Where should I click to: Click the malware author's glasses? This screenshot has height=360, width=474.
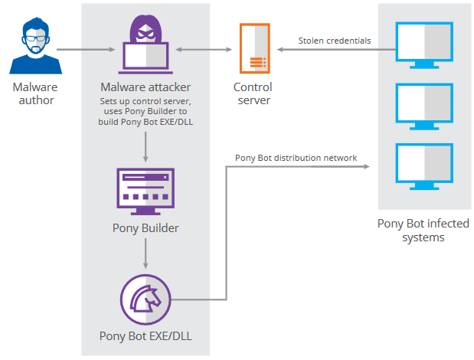tap(36, 39)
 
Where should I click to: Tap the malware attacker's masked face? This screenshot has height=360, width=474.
tap(145, 34)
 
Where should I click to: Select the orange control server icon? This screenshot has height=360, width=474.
tap(254, 48)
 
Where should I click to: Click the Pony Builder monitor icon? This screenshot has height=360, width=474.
tap(145, 191)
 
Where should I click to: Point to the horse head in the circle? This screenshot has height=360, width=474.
tap(145, 299)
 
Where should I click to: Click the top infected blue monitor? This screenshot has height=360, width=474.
tap(424, 45)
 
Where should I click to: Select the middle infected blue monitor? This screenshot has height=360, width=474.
tap(424, 106)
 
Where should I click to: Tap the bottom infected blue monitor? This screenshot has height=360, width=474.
tap(424, 166)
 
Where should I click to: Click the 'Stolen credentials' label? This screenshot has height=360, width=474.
tap(335, 41)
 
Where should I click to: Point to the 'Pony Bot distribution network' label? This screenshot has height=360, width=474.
tap(296, 158)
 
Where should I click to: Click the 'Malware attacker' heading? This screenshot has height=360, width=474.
tap(145, 87)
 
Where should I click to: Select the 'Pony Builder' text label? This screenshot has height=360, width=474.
tap(145, 228)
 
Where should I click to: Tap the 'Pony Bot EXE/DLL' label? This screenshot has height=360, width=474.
tap(145, 336)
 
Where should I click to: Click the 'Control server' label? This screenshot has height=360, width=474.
tap(253, 93)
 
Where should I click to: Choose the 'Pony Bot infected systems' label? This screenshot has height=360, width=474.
tap(423, 230)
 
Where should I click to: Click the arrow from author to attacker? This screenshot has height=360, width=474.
tap(86, 49)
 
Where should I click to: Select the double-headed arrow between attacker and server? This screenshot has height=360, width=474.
tap(204, 49)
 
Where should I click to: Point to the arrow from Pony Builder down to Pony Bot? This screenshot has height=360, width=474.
tap(145, 254)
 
